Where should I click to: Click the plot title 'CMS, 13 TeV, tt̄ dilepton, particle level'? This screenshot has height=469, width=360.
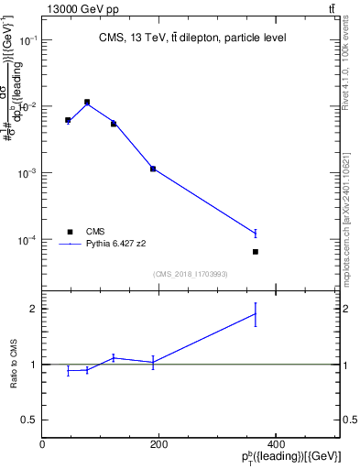(x=191, y=38)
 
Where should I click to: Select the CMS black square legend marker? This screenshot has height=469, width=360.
(x=69, y=232)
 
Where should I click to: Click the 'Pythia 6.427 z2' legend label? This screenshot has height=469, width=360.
(x=121, y=245)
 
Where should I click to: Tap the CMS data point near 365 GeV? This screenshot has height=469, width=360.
(x=256, y=251)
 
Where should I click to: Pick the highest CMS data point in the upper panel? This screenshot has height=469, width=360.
(x=87, y=102)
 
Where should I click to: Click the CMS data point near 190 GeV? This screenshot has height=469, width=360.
(x=153, y=169)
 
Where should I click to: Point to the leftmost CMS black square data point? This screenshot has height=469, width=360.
(x=68, y=120)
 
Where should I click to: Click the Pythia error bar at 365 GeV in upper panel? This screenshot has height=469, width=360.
(x=256, y=234)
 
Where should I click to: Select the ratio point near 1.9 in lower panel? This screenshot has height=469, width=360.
(x=256, y=314)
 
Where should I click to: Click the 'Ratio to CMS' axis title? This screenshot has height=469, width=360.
(x=14, y=364)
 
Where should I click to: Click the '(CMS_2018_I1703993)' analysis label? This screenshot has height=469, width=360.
(x=191, y=274)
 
